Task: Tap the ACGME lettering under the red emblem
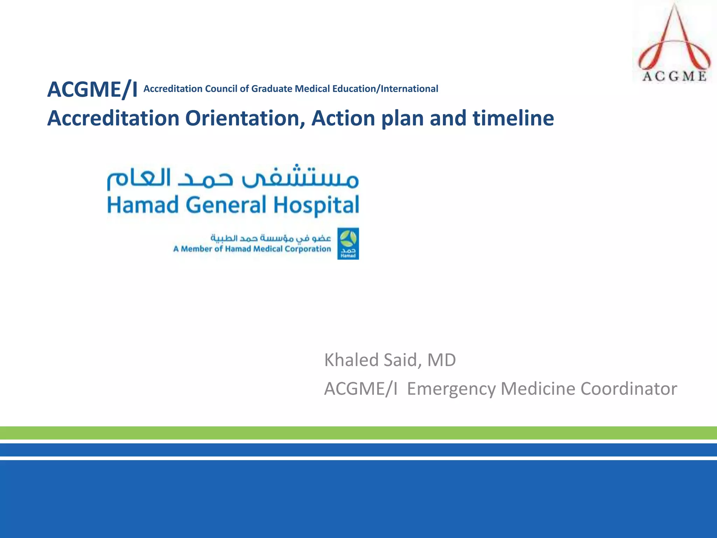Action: tap(674, 76)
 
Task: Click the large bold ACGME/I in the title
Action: tap(92, 90)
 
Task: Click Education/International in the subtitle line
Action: tap(385, 89)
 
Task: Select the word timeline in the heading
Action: tap(513, 118)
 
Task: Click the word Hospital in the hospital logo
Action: tap(316, 206)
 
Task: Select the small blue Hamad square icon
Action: tap(348, 244)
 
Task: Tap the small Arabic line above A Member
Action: tap(270, 238)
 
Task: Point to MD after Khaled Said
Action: tap(441, 360)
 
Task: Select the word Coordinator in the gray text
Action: tap(628, 389)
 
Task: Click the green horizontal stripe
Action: tap(358, 433)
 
